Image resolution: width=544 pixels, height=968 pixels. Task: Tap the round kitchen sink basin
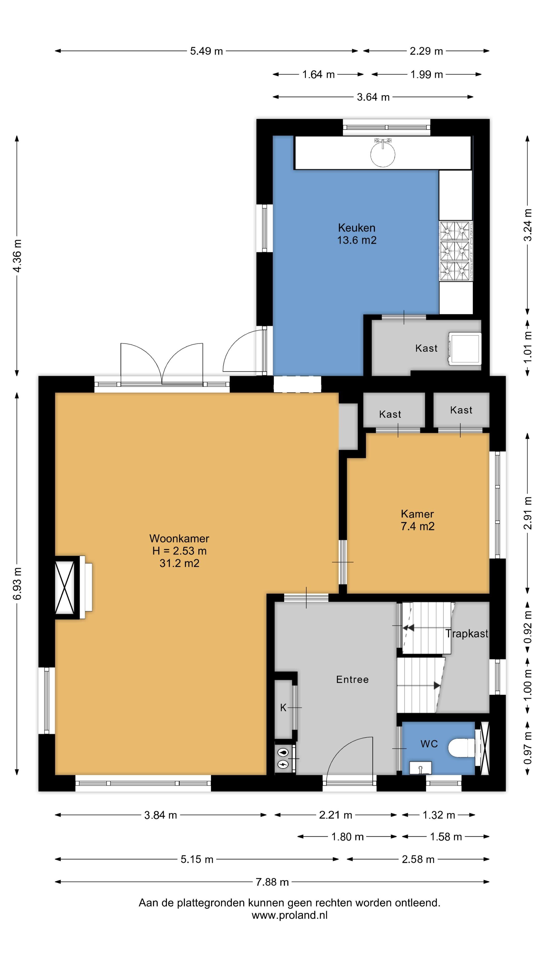pos(383,154)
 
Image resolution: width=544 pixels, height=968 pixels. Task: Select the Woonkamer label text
pos(179,538)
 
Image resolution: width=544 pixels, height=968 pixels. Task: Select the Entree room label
pos(352,679)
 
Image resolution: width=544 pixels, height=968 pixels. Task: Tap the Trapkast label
pos(467,633)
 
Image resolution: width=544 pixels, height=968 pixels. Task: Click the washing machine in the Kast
pos(465,348)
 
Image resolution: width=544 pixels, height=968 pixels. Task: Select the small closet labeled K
pos(283,708)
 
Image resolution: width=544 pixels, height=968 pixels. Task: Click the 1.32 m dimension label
pos(438,815)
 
